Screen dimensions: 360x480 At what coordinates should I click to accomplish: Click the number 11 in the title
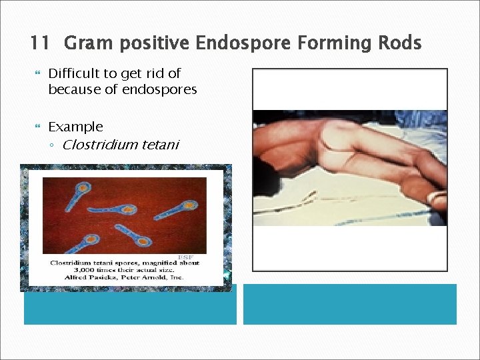click(39, 44)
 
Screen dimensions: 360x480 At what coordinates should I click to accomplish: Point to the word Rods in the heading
click(398, 44)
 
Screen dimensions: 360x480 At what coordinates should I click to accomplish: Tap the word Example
click(75, 127)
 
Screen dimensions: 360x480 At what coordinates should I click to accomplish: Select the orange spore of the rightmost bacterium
click(190, 203)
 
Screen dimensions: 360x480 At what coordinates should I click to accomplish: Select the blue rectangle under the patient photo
click(349, 304)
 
